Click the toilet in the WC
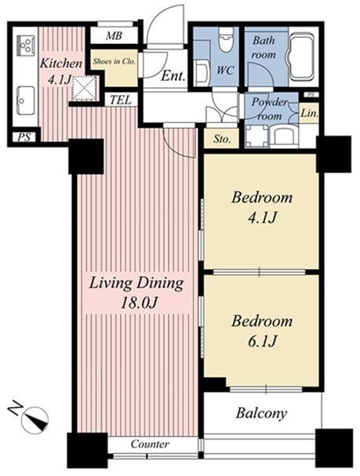click(227, 39)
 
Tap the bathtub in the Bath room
click(301, 56)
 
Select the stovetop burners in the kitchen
click(26, 45)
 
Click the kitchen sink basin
click(25, 100)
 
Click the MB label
click(115, 36)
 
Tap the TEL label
click(121, 100)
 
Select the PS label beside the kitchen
click(24, 137)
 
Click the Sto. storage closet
click(222, 139)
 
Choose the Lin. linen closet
click(309, 113)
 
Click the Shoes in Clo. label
click(115, 61)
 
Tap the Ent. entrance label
click(173, 76)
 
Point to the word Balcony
click(261, 413)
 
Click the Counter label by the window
click(150, 444)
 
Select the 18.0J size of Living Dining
click(139, 303)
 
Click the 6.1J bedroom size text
click(262, 341)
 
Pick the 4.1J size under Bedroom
click(262, 217)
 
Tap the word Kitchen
click(61, 64)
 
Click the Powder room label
click(270, 109)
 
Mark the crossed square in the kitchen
click(85, 88)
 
